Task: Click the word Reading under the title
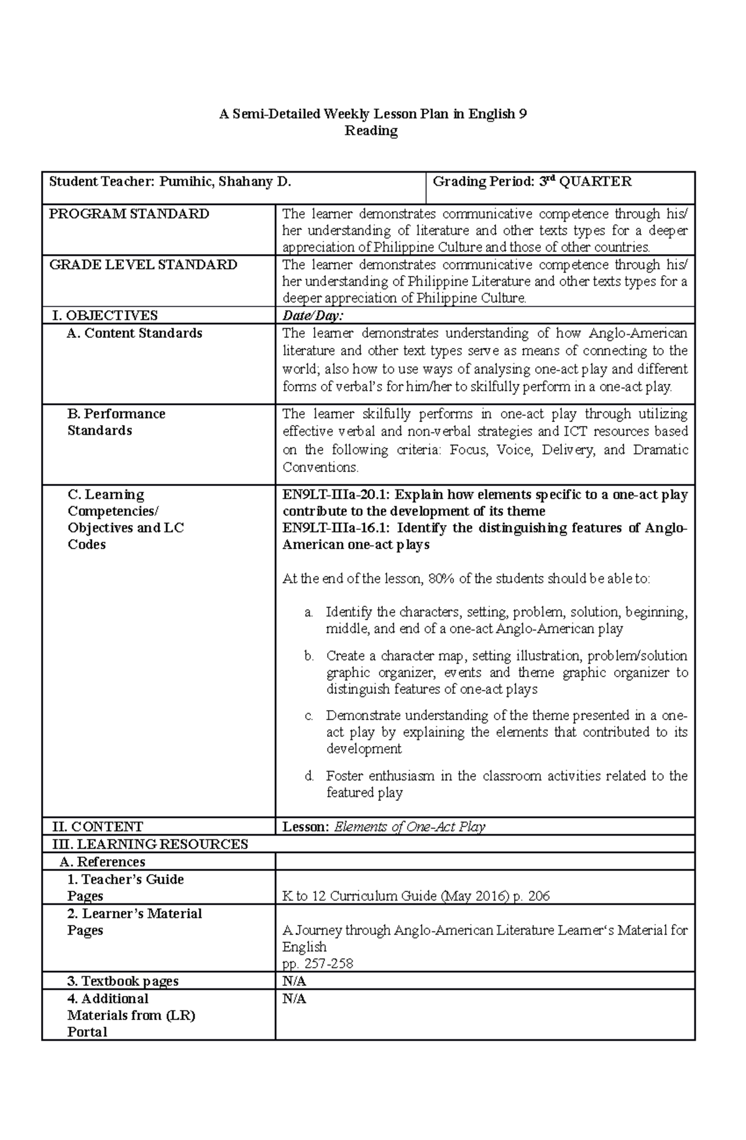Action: tap(371, 130)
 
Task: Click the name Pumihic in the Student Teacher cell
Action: tap(185, 181)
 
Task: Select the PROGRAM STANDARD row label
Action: tap(129, 214)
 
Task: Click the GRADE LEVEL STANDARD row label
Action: tap(143, 265)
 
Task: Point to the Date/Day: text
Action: tap(313, 316)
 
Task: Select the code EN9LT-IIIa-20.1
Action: tap(336, 495)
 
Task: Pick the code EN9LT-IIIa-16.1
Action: tap(336, 528)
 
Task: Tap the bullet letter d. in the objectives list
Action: tap(309, 776)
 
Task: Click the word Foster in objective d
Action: tap(344, 776)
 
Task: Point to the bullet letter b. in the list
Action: tap(309, 656)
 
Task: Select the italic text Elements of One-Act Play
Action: tap(409, 826)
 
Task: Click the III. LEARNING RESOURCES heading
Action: tap(149, 844)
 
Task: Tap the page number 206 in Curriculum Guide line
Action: tap(538, 896)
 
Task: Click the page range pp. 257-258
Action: tap(318, 964)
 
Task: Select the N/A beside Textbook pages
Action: tap(294, 981)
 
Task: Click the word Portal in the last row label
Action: tap(87, 1032)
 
